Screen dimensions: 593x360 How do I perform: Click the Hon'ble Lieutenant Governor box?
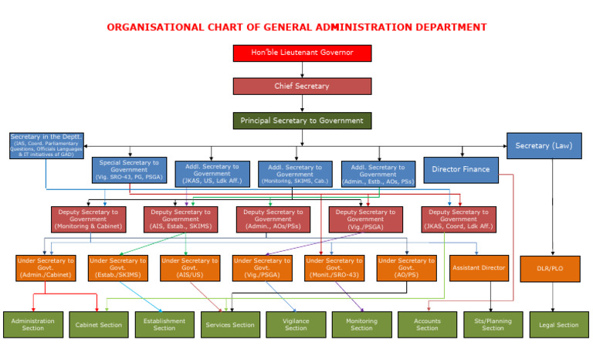302,53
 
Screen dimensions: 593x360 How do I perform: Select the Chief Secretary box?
302,86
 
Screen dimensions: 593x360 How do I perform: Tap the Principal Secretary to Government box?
302,121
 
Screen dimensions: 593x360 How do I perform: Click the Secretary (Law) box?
544,145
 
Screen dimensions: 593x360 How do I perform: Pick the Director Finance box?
460,169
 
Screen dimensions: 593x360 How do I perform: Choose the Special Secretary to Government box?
129,170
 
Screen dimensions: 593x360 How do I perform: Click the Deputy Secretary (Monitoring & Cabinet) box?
88,219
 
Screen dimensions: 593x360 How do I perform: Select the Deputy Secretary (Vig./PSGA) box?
366,219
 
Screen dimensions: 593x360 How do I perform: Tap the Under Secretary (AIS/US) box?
190,268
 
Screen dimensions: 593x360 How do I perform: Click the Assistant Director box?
479,268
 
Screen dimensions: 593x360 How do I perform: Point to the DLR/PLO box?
550,268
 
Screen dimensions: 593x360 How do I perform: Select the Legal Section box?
558,324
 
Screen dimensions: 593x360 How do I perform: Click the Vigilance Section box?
296,324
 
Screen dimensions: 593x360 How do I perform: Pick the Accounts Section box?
427,324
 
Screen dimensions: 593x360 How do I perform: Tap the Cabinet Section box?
99,324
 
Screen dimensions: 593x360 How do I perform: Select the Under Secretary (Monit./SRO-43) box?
334,268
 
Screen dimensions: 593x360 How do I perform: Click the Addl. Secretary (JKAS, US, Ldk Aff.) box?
212,174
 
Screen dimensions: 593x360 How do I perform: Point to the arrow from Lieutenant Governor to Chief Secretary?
302,70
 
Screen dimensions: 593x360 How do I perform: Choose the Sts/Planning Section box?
493,324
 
